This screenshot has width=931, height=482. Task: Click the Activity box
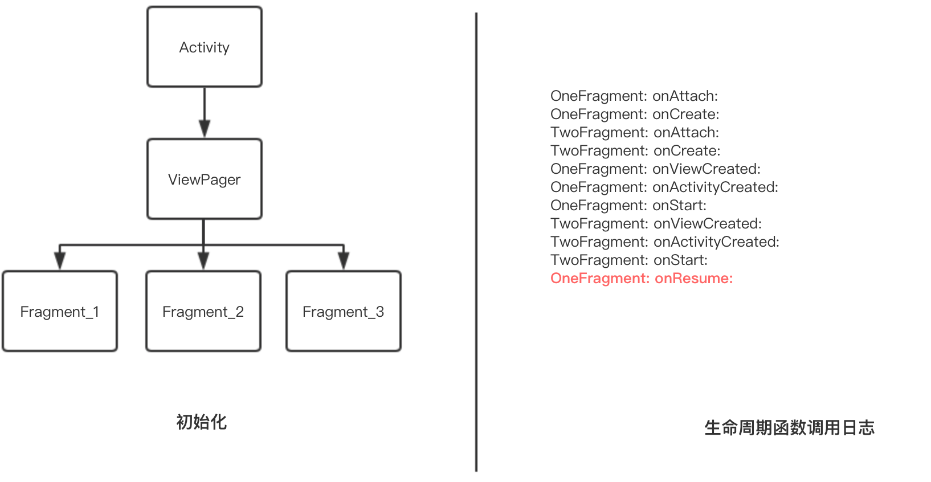click(x=205, y=47)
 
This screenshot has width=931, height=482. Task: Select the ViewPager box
click(x=205, y=179)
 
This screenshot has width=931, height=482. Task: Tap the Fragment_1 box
click(x=60, y=312)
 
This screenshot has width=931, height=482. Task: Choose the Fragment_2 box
click(x=203, y=312)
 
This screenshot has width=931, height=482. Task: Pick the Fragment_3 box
click(x=344, y=312)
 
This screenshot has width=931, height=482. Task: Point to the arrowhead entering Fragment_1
click(x=60, y=261)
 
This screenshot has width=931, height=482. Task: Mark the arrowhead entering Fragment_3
click(x=344, y=261)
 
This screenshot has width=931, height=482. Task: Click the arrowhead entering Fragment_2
click(x=203, y=261)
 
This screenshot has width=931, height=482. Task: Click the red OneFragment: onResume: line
click(x=642, y=279)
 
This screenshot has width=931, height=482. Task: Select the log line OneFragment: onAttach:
click(x=634, y=96)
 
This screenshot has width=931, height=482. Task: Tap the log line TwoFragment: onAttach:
click(x=635, y=133)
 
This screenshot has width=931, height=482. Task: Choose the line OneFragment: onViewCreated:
click(x=655, y=169)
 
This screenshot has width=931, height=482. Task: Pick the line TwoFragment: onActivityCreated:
click(x=665, y=242)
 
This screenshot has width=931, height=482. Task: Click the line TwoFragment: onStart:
click(x=629, y=260)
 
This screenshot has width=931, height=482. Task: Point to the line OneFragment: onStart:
click(x=628, y=206)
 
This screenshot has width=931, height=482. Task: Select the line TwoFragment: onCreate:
click(x=635, y=151)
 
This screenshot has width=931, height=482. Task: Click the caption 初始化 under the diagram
click(x=202, y=422)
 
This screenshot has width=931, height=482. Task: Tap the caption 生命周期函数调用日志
click(x=789, y=428)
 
